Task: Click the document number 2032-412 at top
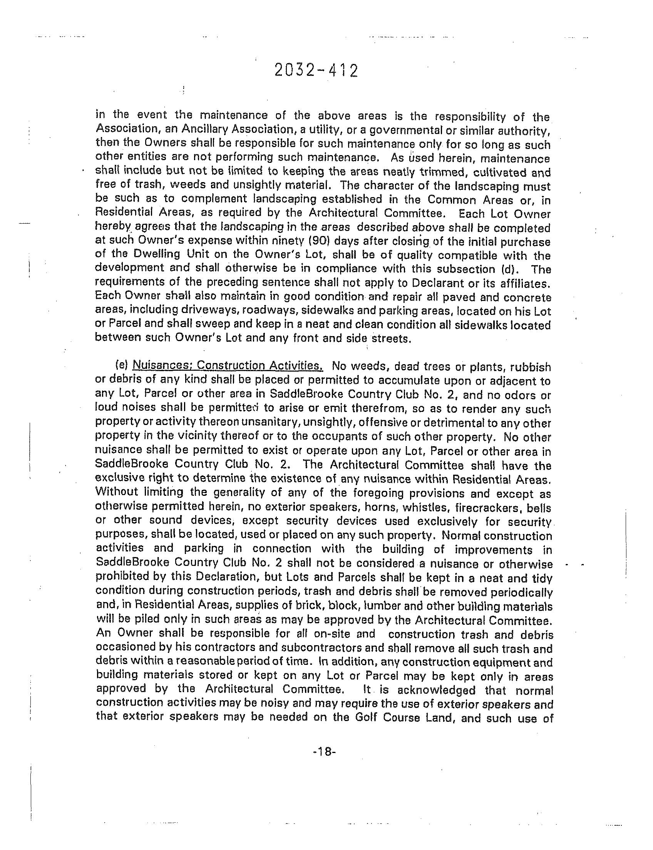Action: (x=316, y=71)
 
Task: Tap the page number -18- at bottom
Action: (x=323, y=752)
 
